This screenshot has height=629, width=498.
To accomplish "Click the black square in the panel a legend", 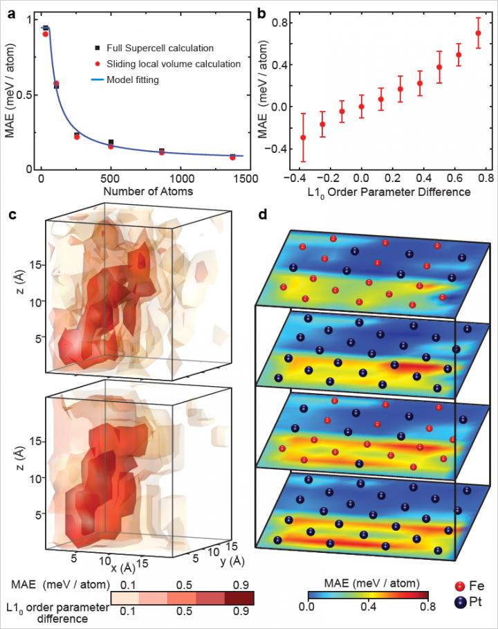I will [x=100, y=48].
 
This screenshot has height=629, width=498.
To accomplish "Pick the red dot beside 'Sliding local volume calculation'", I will [x=100, y=64].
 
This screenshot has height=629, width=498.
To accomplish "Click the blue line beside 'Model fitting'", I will [x=100, y=80].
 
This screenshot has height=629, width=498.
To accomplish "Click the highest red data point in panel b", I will [x=477, y=33].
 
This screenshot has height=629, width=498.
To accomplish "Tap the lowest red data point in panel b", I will [x=303, y=137].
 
